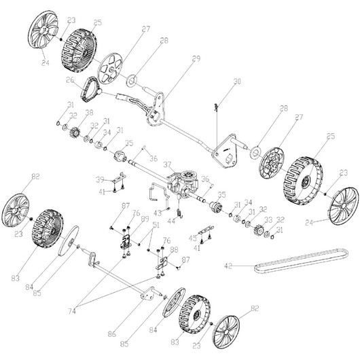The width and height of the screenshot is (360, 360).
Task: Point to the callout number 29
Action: [x=196, y=58]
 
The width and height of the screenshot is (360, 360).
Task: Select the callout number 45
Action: [x=192, y=238]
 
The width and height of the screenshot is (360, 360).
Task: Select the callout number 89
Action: [x=143, y=219]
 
